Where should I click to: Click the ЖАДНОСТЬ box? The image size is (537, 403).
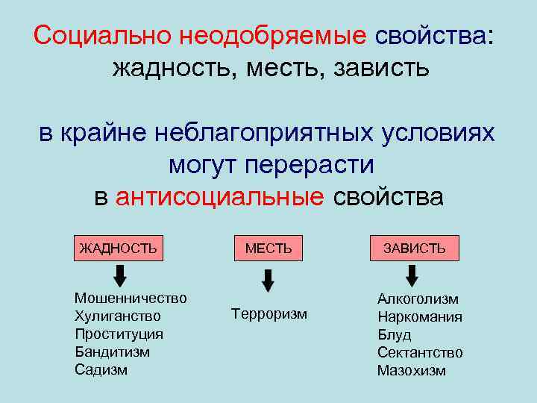(x=118, y=248)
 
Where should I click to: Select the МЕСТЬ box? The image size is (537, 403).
(x=268, y=248)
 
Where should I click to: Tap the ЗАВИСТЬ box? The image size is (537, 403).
(x=415, y=248)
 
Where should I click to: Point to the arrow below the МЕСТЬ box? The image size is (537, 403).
(x=268, y=281)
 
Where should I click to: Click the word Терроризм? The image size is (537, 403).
(x=269, y=313)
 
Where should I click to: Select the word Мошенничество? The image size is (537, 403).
(x=131, y=298)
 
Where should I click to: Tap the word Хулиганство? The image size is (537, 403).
(x=118, y=316)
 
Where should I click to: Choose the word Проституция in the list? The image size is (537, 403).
(x=119, y=334)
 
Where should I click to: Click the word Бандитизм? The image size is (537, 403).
(x=112, y=352)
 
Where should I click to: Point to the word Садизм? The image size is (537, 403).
(x=101, y=369)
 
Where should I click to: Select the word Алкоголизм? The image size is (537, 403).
(x=418, y=299)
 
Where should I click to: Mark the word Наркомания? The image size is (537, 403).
(x=420, y=316)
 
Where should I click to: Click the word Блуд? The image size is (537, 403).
(x=394, y=334)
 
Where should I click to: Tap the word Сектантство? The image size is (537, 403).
(x=420, y=352)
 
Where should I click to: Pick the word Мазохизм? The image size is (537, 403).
(x=412, y=370)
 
